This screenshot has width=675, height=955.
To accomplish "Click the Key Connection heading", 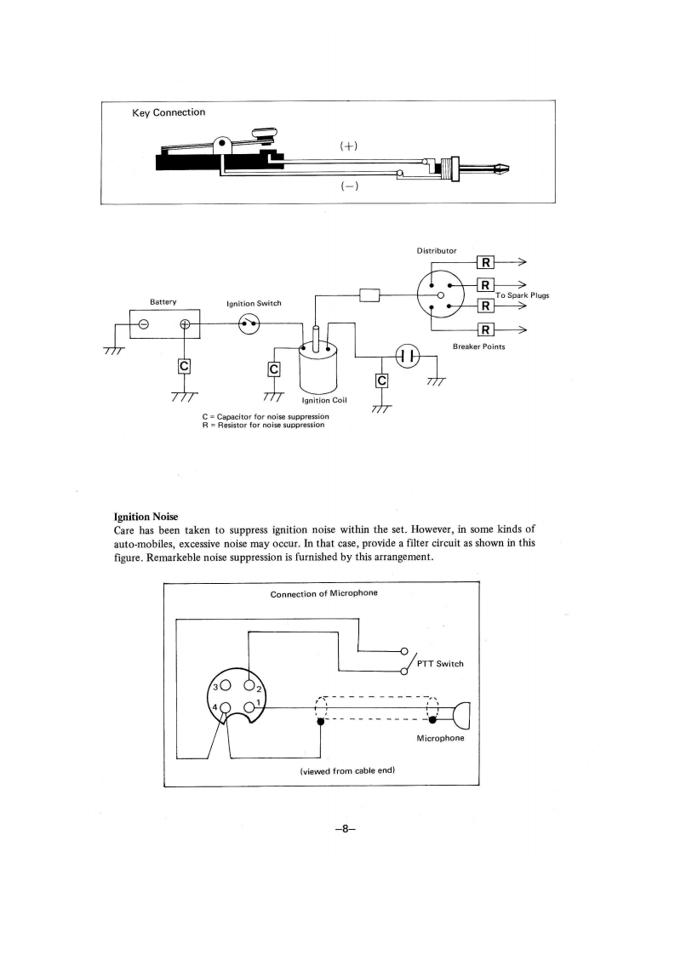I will (x=169, y=112).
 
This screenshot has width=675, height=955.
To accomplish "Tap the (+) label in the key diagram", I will (x=348, y=146).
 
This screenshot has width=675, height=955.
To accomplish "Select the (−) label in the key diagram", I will (x=348, y=187).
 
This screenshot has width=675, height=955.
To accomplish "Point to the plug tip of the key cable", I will (x=504, y=168).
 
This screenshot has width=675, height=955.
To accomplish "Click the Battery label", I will (x=163, y=302).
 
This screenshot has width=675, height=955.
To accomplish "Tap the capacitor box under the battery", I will (x=183, y=367).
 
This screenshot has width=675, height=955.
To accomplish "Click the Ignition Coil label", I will (x=323, y=400).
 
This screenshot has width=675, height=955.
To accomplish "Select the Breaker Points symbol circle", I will (x=408, y=355).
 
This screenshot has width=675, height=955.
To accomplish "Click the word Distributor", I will (x=436, y=251).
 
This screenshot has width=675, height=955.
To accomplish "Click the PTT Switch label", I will (x=440, y=665).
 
